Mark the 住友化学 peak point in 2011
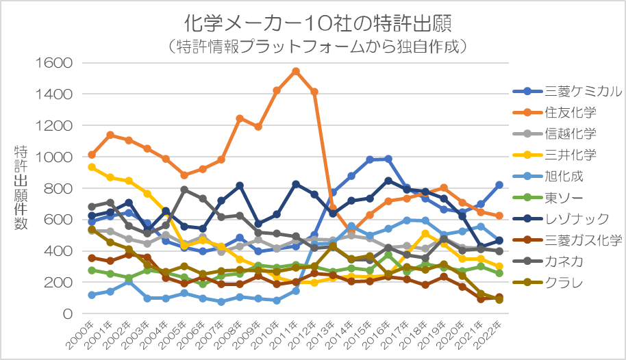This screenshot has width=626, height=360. [295, 71]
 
